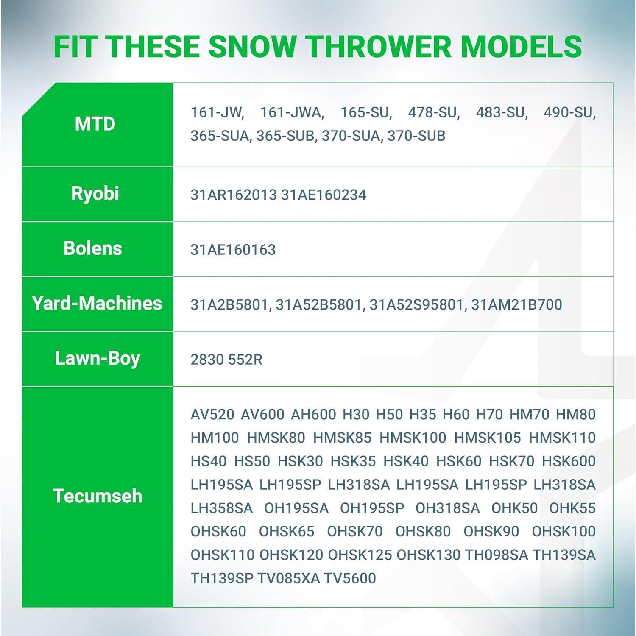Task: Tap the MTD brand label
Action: pyautogui.click(x=95, y=124)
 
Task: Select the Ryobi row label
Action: pyautogui.click(x=95, y=194)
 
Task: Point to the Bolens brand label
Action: pyautogui.click(x=93, y=248)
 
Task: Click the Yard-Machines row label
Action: pyautogui.click(x=97, y=303)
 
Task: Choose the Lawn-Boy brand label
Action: pyautogui.click(x=98, y=359)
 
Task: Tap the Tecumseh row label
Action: pyautogui.click(x=98, y=496)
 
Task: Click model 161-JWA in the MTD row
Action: pyautogui.click(x=292, y=113)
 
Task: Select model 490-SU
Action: pyautogui.click(x=569, y=113)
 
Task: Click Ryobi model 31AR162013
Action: pyautogui.click(x=234, y=195)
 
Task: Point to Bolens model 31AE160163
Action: pyautogui.click(x=233, y=250)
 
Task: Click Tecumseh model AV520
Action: pyautogui.click(x=212, y=414)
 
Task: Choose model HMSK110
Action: pyautogui.click(x=562, y=438)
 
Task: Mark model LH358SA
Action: pyautogui.click(x=222, y=508)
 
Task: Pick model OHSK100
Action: pyautogui.click(x=564, y=531)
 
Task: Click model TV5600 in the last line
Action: pyautogui.click(x=350, y=578)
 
